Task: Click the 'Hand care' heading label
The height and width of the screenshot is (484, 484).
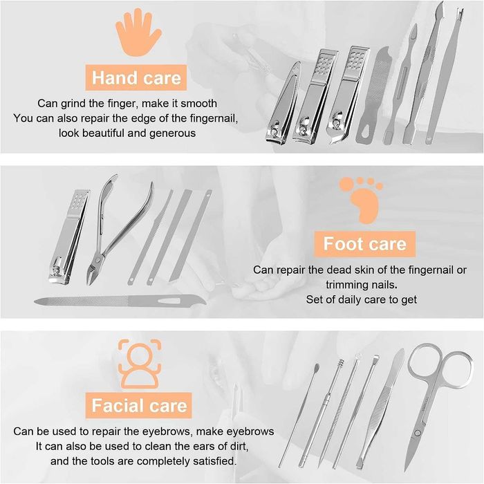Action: point(136,77)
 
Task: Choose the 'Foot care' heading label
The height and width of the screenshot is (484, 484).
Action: point(365,244)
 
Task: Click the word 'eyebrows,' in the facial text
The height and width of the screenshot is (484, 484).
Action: point(245,431)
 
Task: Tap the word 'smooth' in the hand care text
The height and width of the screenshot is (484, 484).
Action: point(198,103)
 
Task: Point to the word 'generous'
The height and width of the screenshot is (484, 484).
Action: point(166,133)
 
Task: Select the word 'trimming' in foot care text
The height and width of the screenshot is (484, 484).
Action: point(346,284)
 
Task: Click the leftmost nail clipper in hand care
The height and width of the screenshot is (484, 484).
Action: point(283,104)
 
